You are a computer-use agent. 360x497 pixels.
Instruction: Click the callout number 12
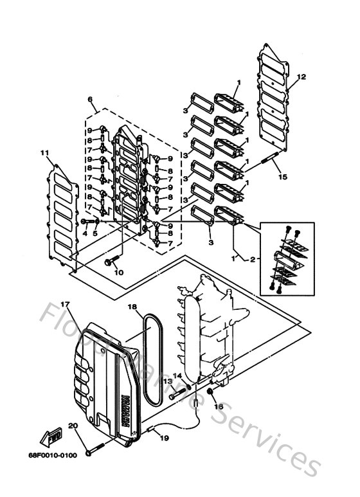coord(301,77)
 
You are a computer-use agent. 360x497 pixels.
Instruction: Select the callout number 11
coord(44,153)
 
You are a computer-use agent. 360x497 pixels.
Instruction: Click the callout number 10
coord(118,273)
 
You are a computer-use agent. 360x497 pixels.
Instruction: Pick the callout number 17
coord(65,303)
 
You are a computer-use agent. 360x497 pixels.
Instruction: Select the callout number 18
coord(131,307)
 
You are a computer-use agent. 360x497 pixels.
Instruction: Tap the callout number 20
coord(72,426)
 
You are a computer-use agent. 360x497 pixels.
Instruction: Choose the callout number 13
coord(165,381)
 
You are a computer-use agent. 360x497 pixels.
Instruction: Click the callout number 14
coord(177,375)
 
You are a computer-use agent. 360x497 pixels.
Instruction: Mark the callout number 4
coord(84,233)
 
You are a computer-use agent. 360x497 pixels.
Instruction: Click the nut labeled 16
coord(210,392)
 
